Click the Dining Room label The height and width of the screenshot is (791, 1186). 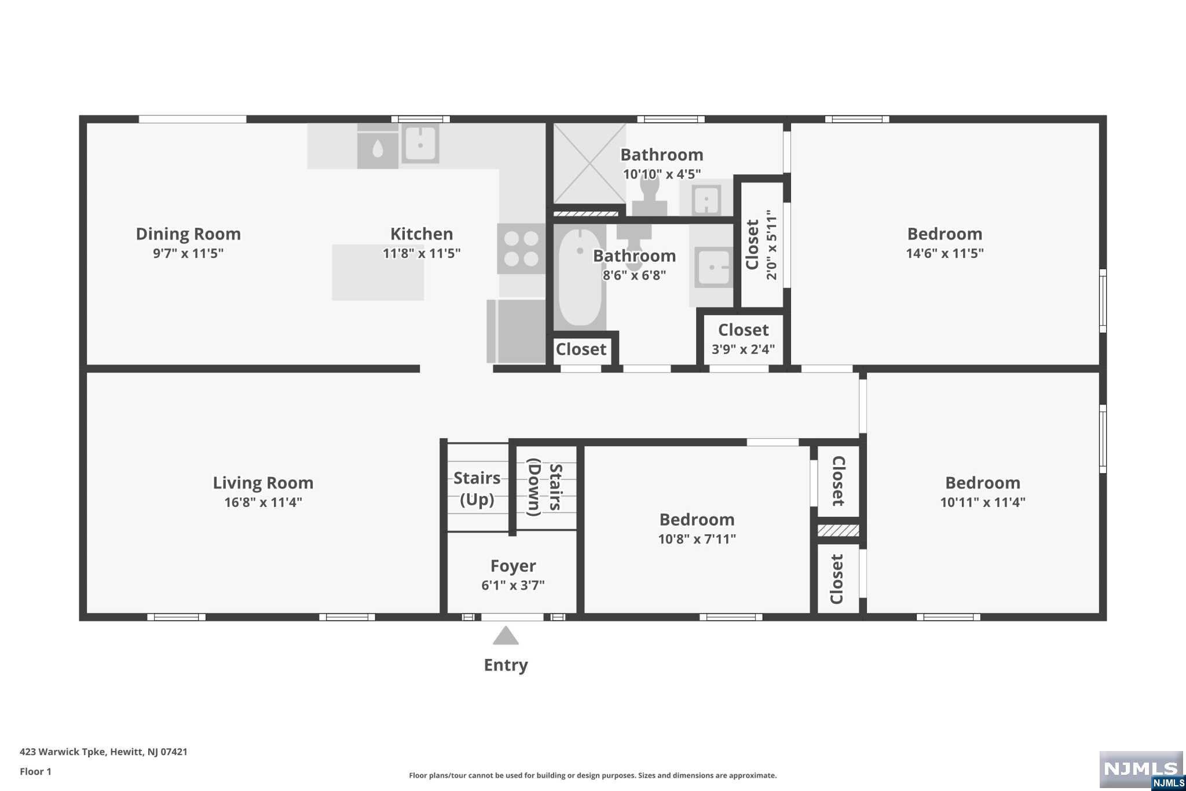pos(188,234)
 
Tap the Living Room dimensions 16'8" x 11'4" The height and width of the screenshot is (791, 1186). pos(263,502)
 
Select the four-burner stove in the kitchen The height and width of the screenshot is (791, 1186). pos(521,249)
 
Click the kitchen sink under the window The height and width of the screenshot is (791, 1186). pos(420,143)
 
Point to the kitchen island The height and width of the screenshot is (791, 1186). pos(378,272)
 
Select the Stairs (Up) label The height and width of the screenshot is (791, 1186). pos(477,489)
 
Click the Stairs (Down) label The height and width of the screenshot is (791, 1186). pos(545,487)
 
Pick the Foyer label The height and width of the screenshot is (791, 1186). pos(513,566)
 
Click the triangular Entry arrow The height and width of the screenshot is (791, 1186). pos(506,635)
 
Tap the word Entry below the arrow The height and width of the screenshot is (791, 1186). pos(506,665)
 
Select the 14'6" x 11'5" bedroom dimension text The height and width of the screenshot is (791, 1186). pos(945,253)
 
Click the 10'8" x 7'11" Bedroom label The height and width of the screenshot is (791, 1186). pos(697,520)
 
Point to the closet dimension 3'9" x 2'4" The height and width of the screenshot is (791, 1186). pos(744,349)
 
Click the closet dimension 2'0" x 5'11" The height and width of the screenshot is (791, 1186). pos(772,245)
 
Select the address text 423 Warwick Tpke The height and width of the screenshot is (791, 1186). pos(63,752)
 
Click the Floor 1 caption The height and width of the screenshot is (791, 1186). pos(35,771)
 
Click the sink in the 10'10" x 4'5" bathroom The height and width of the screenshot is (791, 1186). pos(706,201)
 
